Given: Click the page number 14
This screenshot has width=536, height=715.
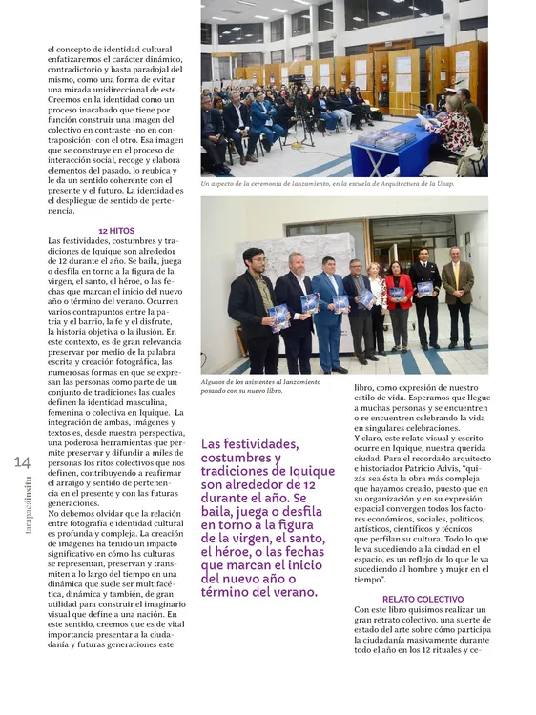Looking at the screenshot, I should (22, 461).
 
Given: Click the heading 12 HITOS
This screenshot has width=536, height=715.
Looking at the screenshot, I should (116, 231).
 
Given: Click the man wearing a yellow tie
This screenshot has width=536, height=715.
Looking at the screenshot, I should (458, 286).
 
